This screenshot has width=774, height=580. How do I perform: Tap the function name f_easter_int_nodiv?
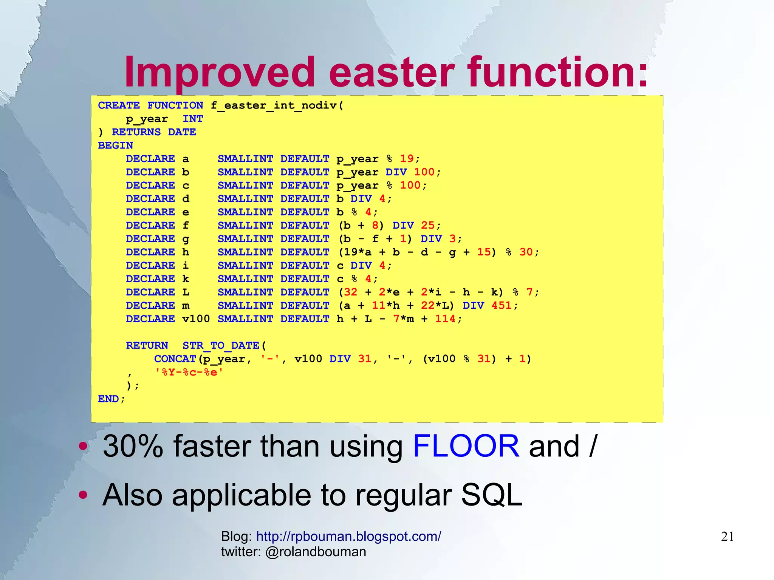(274, 105)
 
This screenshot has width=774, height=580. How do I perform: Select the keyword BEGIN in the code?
(115, 145)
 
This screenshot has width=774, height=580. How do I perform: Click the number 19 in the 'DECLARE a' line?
(407, 159)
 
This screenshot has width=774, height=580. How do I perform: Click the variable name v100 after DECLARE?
(196, 319)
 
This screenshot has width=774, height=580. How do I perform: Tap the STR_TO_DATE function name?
(221, 345)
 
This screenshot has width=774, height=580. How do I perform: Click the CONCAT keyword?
(175, 359)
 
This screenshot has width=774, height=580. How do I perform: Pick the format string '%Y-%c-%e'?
(189, 372)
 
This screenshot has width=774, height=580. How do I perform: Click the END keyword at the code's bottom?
(108, 399)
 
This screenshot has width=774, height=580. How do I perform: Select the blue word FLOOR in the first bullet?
(466, 447)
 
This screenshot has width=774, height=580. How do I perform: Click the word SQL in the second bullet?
(491, 495)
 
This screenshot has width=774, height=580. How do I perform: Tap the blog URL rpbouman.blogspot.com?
(348, 537)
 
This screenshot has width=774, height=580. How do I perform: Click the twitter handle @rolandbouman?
(316, 552)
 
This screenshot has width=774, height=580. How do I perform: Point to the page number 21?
(727, 537)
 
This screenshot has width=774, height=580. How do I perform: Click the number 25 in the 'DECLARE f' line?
(427, 226)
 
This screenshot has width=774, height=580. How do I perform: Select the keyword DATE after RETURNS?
(182, 132)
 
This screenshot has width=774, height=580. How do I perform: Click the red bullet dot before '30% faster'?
(83, 446)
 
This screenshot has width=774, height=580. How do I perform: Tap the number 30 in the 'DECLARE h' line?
(526, 252)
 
